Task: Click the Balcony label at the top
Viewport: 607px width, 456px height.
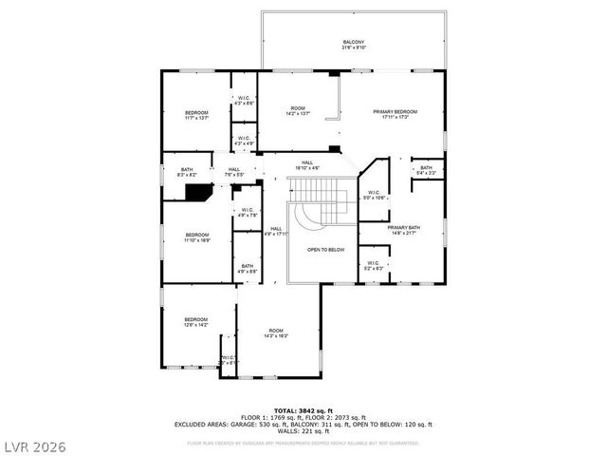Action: pos(353,44)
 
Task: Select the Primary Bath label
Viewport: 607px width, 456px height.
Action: pos(402,230)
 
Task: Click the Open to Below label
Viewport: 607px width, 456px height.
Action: pos(325,250)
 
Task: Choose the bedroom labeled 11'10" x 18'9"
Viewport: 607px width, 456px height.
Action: pos(197,237)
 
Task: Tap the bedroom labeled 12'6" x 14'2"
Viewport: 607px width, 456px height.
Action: pos(196,321)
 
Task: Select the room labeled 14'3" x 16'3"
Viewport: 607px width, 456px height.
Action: pos(275,332)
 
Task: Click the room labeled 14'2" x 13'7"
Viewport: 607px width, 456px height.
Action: pos(299,111)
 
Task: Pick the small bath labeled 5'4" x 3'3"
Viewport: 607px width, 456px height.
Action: pos(426,170)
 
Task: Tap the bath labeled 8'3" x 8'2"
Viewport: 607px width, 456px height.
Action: pos(186,172)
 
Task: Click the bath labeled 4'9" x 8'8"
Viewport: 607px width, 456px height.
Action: pos(247,268)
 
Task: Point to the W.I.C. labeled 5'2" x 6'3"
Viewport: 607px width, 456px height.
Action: pos(373,265)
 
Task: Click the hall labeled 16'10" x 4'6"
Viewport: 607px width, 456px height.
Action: pos(307,165)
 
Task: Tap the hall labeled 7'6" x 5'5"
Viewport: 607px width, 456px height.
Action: pos(233,172)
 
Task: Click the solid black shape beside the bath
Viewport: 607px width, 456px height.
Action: pos(199,193)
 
